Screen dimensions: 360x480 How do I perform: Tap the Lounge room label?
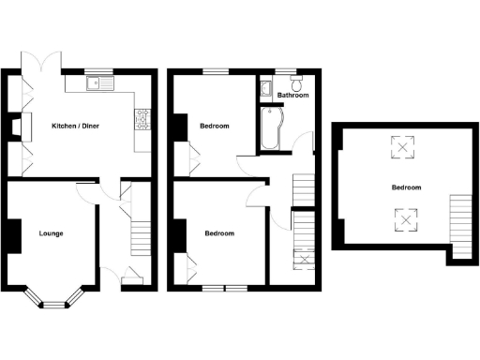pos(51,232)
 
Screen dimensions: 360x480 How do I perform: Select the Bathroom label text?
pos(292,96)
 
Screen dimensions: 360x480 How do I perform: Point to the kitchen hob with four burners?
pos(142,119)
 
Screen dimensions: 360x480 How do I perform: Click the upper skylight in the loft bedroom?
pos(404,147)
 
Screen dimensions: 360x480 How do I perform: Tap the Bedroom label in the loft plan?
pos(406,187)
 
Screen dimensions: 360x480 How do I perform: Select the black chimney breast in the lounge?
pos(14,234)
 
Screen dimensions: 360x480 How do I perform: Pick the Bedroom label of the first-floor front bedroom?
pos(219,232)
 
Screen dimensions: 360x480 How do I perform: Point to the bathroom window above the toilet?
pos(285,71)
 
